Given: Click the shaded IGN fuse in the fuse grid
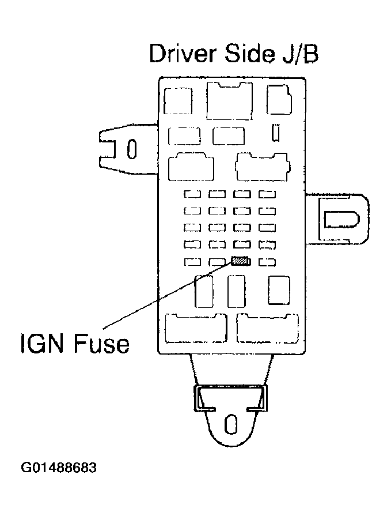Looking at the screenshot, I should pos(241,262).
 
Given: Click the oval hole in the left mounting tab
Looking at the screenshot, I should pos(131,150).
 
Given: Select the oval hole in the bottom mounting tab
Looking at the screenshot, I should pos(230,424).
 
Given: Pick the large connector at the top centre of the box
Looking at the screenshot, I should pos(229,101).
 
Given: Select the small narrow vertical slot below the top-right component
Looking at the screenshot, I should pos(276,132).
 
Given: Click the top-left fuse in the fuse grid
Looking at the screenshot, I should pos(192,194).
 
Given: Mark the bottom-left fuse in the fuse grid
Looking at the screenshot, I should pos(192,262).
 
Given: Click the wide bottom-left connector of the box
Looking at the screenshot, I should pos(196,329).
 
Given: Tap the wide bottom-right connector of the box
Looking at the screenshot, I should pos(267,329).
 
